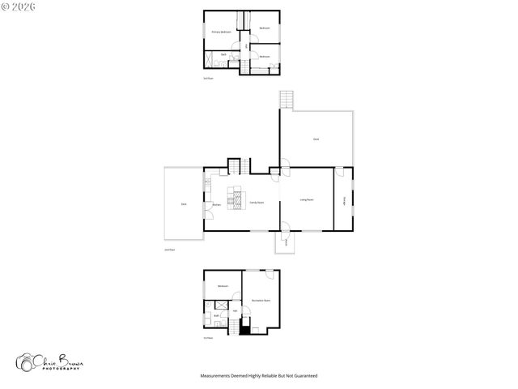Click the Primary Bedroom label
(221, 32)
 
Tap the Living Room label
(307, 199)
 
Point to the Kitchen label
(217, 204)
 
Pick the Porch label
(286, 241)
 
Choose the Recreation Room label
(261, 300)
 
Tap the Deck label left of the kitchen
(184, 204)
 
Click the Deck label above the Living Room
(316, 139)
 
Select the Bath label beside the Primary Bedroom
(223, 54)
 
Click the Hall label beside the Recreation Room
(235, 310)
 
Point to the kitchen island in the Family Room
(237, 197)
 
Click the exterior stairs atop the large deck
(286, 100)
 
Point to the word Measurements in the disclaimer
(216, 376)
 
